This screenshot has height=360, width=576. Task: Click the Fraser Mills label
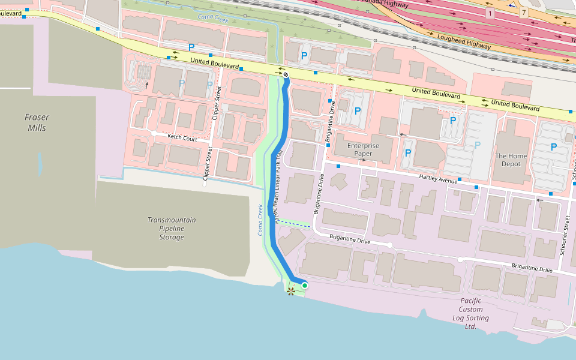(37, 122)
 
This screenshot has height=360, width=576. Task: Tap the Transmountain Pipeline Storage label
(172, 229)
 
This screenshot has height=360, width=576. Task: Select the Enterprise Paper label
(363, 149)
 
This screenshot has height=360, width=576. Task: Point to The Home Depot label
(511, 160)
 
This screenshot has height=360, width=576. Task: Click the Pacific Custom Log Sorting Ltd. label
(470, 314)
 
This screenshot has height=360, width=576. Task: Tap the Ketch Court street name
(182, 138)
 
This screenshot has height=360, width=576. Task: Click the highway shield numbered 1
(490, 13)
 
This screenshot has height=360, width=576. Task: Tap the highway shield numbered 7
(524, 13)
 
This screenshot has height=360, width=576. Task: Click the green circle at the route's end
(305, 286)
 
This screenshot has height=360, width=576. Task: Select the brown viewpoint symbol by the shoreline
(291, 292)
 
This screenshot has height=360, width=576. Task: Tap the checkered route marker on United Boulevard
(286, 75)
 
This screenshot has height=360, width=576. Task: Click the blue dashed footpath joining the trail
(294, 223)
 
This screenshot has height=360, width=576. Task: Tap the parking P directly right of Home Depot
(553, 147)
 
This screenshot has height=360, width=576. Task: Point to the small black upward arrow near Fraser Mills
(147, 85)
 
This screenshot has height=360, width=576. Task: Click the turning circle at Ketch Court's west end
(154, 133)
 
